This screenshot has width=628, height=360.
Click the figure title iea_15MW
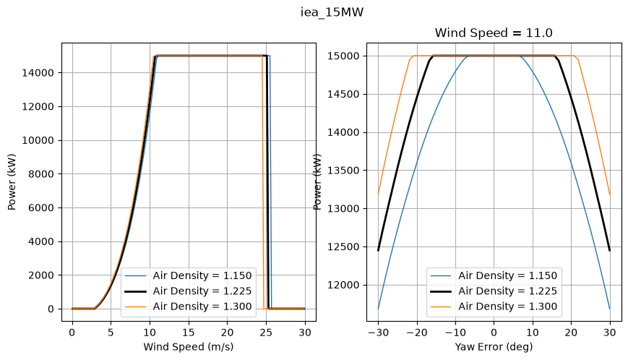click(x=332, y=12)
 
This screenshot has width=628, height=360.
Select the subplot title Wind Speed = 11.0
click(x=494, y=33)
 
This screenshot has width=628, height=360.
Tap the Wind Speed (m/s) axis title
click(x=188, y=347)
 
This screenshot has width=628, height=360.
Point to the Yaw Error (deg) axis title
click(x=494, y=347)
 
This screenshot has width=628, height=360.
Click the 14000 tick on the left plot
click(x=38, y=73)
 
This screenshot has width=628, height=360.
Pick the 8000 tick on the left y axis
click(x=41, y=174)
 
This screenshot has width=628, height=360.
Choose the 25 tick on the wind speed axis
click(x=266, y=333)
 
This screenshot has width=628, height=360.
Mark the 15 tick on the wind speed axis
click(x=188, y=333)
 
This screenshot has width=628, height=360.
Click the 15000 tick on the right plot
click(x=343, y=56)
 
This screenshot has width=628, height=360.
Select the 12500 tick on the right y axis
click(x=343, y=247)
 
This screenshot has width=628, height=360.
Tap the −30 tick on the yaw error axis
click(x=378, y=333)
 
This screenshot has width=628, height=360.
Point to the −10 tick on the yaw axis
click(x=455, y=333)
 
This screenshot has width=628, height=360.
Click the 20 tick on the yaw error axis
click(x=571, y=333)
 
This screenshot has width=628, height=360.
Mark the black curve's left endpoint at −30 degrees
click(x=378, y=251)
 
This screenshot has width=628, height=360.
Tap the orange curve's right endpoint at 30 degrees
click(x=610, y=194)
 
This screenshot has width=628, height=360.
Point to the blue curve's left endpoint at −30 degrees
click(x=378, y=309)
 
